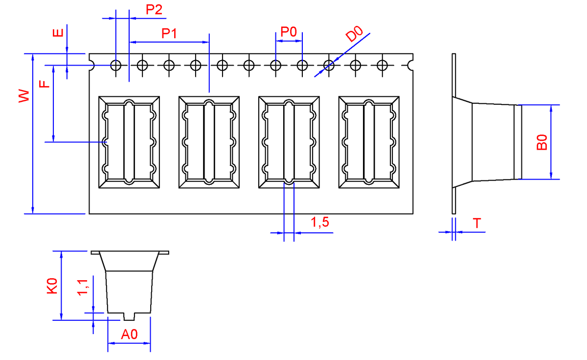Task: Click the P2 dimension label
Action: point(154,10)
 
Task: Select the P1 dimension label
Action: point(169,34)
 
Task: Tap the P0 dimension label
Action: point(289,32)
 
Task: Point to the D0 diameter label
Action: point(354,36)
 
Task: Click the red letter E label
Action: point(58,33)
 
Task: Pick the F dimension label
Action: point(45,84)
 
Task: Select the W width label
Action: point(24,96)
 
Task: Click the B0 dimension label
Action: point(541,143)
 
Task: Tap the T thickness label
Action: point(477,223)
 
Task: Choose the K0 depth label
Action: point(52,286)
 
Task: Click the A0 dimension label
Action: point(129,335)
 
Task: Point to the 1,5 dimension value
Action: point(320,223)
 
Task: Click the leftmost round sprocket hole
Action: point(116,65)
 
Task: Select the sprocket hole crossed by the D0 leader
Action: point(329,65)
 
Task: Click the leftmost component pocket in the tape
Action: point(129,142)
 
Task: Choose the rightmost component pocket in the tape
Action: point(369,142)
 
